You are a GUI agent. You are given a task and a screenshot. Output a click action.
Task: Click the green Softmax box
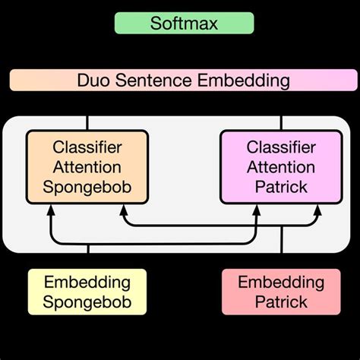pos(184,23)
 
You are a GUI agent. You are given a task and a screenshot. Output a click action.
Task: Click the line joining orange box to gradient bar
pos(88,122)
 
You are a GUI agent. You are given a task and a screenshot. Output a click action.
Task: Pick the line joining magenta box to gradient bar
pos(282,122)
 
